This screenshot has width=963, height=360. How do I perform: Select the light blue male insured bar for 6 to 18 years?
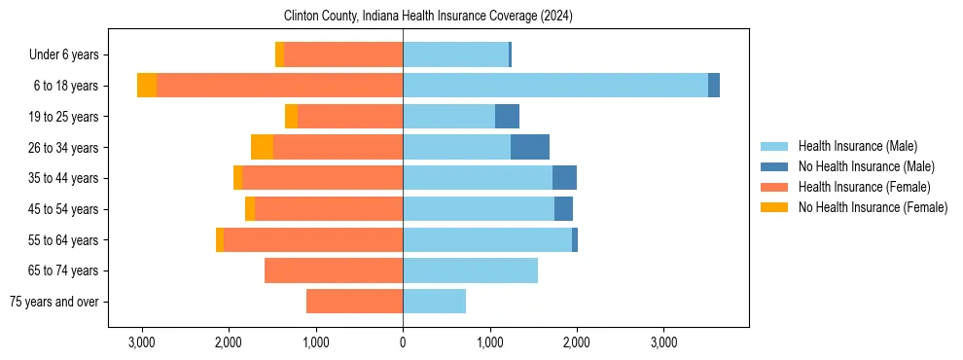(x=554, y=86)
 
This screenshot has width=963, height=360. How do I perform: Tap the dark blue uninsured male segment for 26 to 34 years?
(x=530, y=147)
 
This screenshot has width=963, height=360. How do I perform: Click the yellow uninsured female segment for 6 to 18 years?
(x=147, y=86)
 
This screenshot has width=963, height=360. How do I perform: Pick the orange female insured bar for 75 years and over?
(x=354, y=302)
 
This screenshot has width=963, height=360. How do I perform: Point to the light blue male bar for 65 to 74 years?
(x=470, y=270)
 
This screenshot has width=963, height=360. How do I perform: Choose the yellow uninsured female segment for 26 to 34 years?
(x=262, y=147)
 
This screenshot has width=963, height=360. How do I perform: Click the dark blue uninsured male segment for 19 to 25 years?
(x=507, y=117)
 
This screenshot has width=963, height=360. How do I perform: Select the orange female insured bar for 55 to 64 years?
(x=313, y=239)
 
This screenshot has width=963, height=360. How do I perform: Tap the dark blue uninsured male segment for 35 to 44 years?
(x=564, y=178)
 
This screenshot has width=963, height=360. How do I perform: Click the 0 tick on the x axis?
(x=403, y=342)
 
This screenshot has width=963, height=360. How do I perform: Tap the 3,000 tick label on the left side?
(x=142, y=342)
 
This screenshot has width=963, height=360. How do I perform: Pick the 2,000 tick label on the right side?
(x=576, y=342)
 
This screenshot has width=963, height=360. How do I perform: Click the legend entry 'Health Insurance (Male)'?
(x=857, y=146)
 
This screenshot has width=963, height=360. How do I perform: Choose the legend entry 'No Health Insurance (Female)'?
(x=873, y=207)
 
